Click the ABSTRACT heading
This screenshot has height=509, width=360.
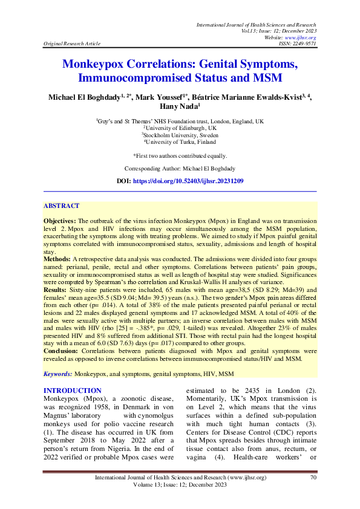click(61, 206)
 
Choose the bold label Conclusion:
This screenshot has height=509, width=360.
click(61, 351)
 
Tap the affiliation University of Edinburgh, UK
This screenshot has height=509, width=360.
click(181, 129)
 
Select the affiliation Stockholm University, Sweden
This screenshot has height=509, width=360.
click(181, 135)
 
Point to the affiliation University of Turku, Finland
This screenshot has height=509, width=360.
click(181, 142)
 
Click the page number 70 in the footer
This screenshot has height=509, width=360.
click(313, 478)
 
